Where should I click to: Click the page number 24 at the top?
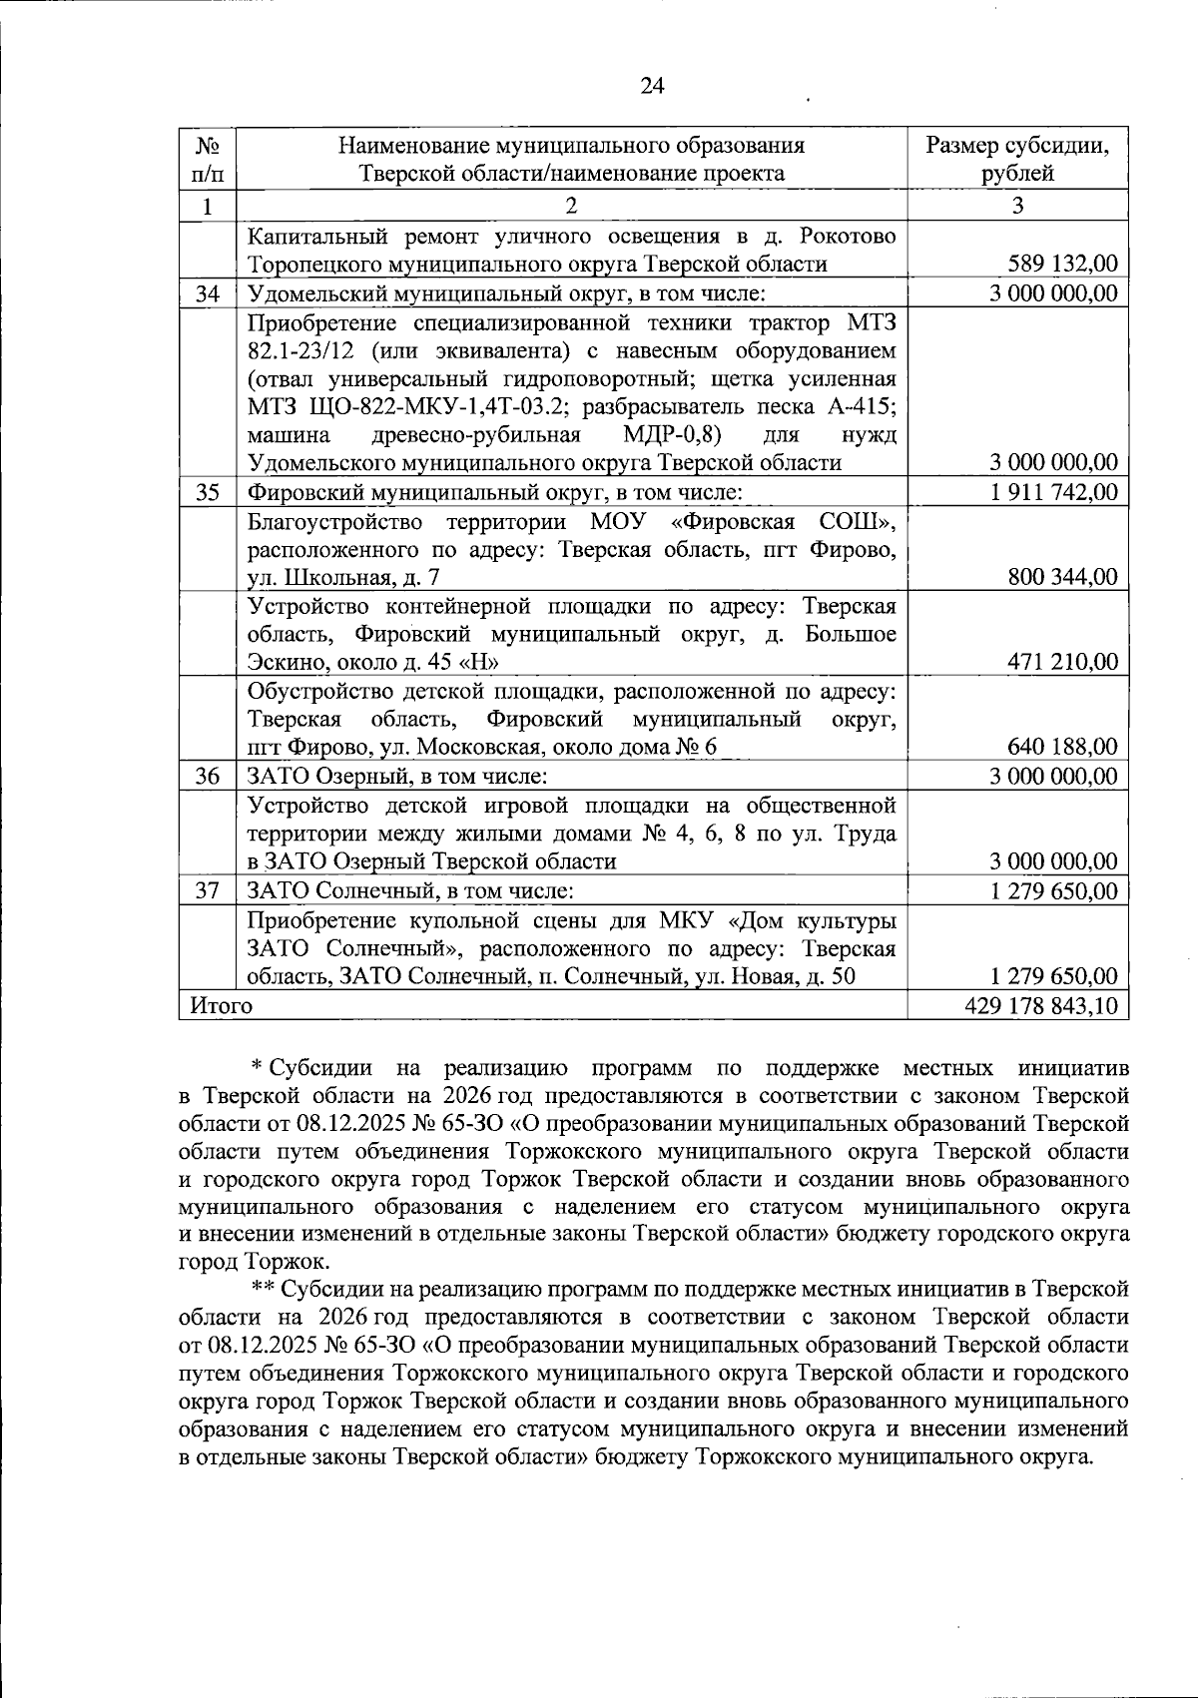click(x=651, y=86)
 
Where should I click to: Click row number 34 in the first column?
click(x=207, y=293)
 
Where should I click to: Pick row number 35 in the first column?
click(x=207, y=492)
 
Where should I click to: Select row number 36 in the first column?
click(x=207, y=777)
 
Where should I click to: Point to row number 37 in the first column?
click(x=207, y=890)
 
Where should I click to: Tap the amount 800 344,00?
click(x=1063, y=577)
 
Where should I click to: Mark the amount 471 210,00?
click(x=1063, y=662)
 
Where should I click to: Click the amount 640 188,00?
click(x=1063, y=748)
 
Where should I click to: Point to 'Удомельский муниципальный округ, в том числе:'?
click(x=506, y=293)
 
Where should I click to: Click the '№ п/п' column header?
click(x=207, y=159)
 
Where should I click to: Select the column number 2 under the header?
click(x=570, y=207)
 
